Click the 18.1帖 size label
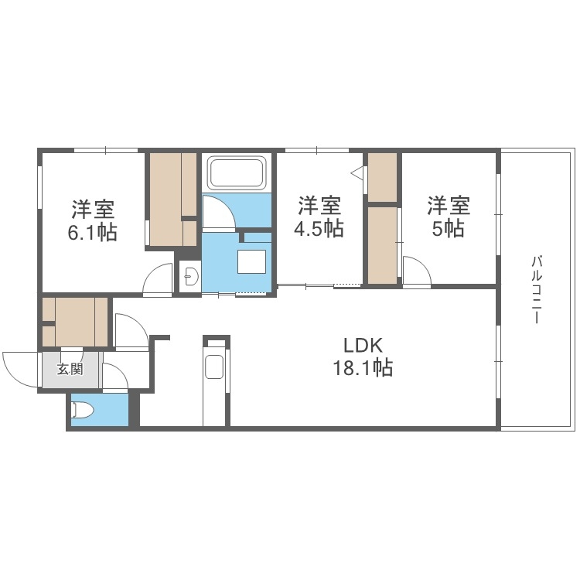tap(363, 368)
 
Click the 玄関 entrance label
tap(70, 369)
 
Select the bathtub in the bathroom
tap(237, 173)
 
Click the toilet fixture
tap(81, 410)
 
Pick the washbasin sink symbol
tap(190, 275)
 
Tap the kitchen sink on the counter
tap(214, 367)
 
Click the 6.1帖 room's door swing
tap(158, 278)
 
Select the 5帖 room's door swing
tap(416, 273)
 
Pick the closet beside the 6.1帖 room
tap(173, 199)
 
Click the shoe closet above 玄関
tap(75, 321)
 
